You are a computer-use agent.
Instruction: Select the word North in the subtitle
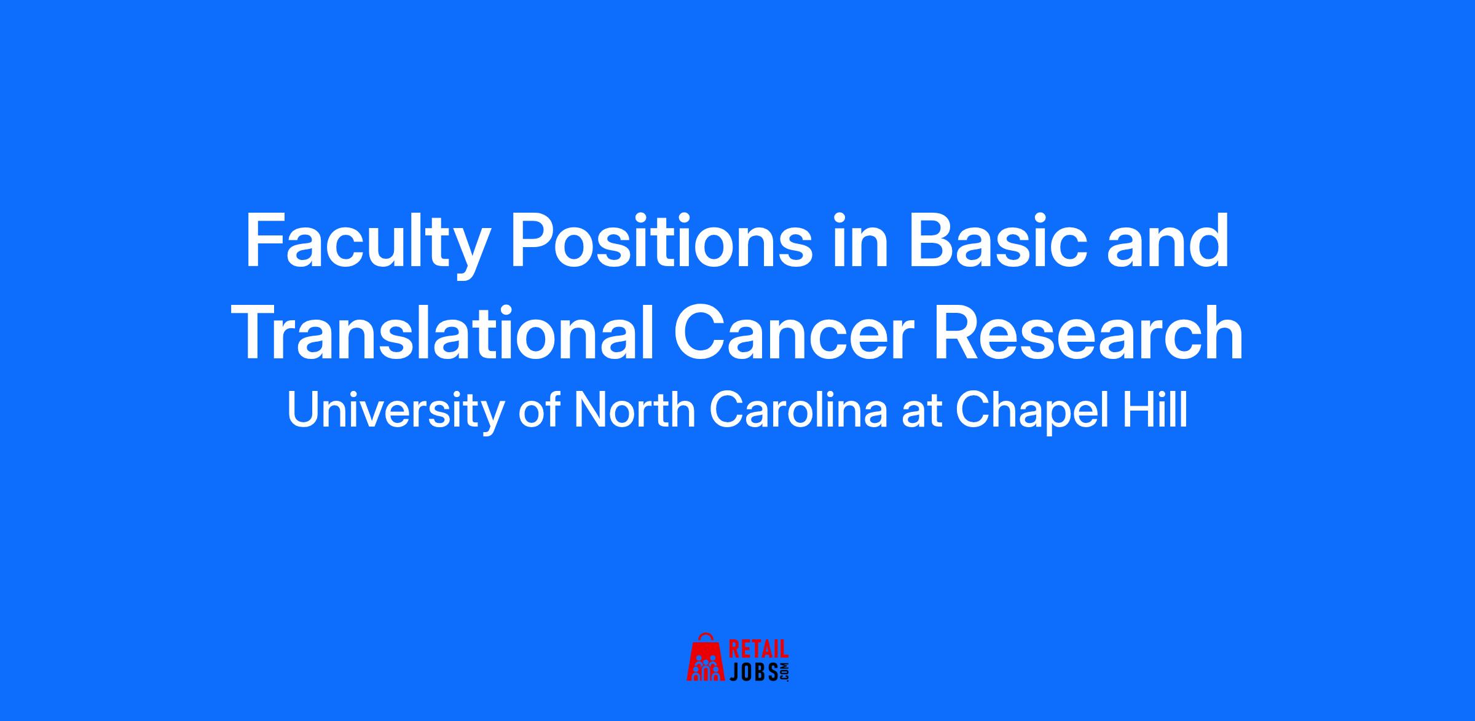634,410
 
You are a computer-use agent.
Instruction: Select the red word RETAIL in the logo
758,649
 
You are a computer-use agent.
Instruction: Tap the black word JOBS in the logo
753,671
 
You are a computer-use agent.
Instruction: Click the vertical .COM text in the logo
784,671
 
